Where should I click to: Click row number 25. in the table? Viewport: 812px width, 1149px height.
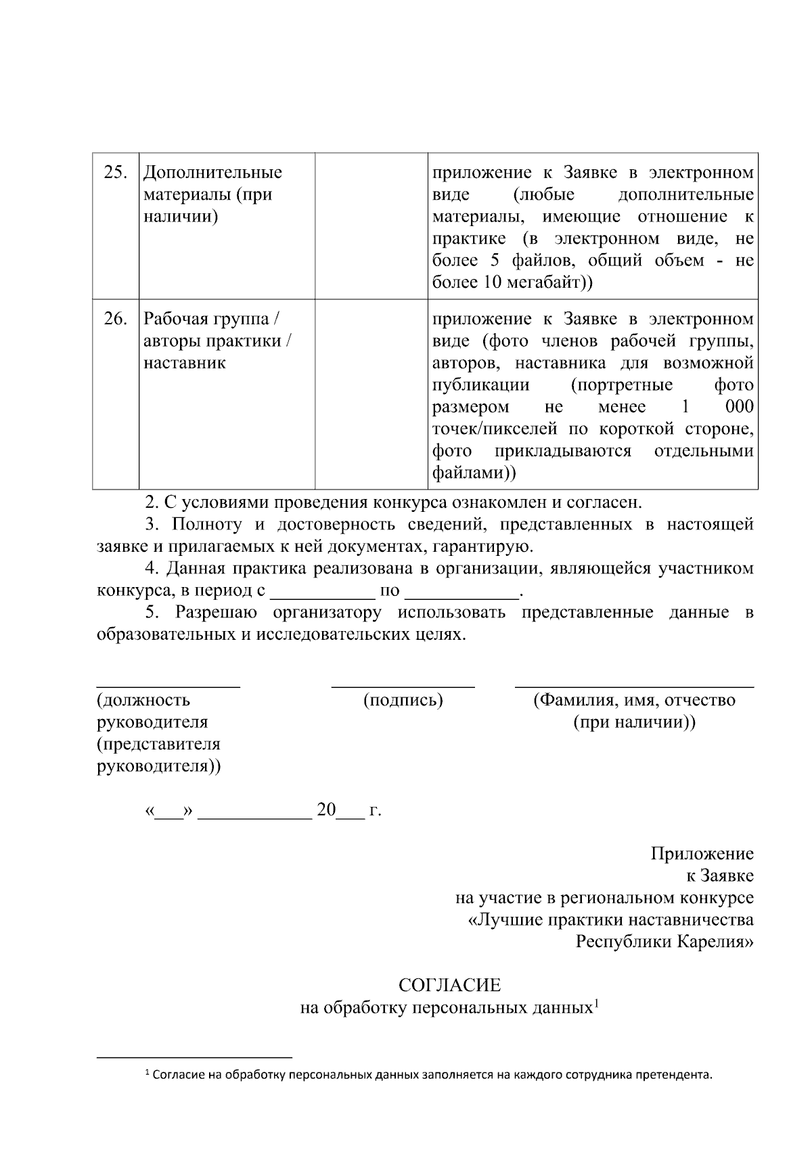tap(115, 173)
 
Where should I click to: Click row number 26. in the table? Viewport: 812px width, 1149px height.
tap(115, 319)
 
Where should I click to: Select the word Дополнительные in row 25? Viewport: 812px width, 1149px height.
tap(212, 173)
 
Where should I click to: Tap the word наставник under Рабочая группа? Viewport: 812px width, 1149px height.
tap(184, 363)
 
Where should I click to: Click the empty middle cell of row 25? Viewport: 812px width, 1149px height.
tap(371, 225)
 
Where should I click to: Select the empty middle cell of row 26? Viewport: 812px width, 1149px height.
tap(371, 393)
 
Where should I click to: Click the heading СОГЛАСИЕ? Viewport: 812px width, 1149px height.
tap(449, 984)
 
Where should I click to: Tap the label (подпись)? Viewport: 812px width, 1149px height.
tap(403, 700)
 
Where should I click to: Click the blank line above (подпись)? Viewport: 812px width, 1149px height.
tap(403, 685)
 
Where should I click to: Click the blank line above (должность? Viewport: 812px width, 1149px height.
tap(168, 685)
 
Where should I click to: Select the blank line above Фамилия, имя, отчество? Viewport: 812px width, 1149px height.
tap(634, 685)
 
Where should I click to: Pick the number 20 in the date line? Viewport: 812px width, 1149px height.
tap(326, 810)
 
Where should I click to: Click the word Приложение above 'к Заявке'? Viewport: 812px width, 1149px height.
tap(702, 854)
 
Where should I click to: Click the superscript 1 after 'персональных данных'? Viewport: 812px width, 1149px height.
tap(596, 1003)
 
